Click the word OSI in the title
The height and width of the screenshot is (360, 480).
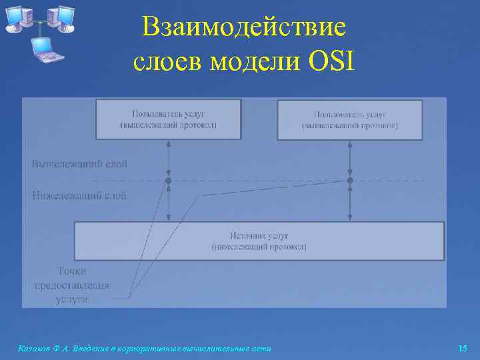point(334,62)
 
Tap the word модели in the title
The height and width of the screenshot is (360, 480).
point(256,62)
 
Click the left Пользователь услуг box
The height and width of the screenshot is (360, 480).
point(168,119)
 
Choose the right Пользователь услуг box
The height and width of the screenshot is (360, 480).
point(349,120)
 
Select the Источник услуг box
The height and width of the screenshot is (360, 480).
point(259,241)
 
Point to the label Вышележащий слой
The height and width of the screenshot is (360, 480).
point(79,163)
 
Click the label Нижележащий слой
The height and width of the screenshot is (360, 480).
point(79,195)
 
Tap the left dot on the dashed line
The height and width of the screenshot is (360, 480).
point(168,181)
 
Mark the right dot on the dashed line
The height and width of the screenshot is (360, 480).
point(350,181)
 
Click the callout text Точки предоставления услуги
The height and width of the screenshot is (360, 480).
point(71,285)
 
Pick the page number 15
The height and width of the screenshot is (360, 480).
point(463,348)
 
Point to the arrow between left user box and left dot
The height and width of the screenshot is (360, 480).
point(168,159)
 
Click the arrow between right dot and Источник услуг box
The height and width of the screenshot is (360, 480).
point(350,203)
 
